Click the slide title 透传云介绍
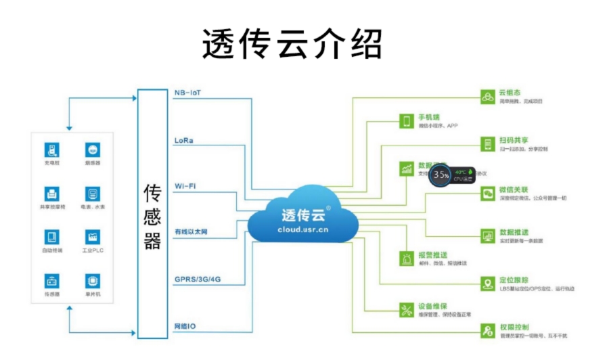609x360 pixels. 292,44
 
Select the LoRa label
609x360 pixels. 183,140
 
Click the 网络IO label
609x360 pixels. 185,325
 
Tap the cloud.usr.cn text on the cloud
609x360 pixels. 302,229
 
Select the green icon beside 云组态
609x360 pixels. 487,97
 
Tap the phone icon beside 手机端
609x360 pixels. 407,121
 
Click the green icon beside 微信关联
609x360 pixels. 487,194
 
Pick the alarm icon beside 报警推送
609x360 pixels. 407,258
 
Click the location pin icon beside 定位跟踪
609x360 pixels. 487,284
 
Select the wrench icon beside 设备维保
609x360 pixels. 407,310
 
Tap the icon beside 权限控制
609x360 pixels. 487,331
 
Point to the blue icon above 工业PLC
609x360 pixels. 92,237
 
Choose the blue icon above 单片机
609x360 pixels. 92,281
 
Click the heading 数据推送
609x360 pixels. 514,232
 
